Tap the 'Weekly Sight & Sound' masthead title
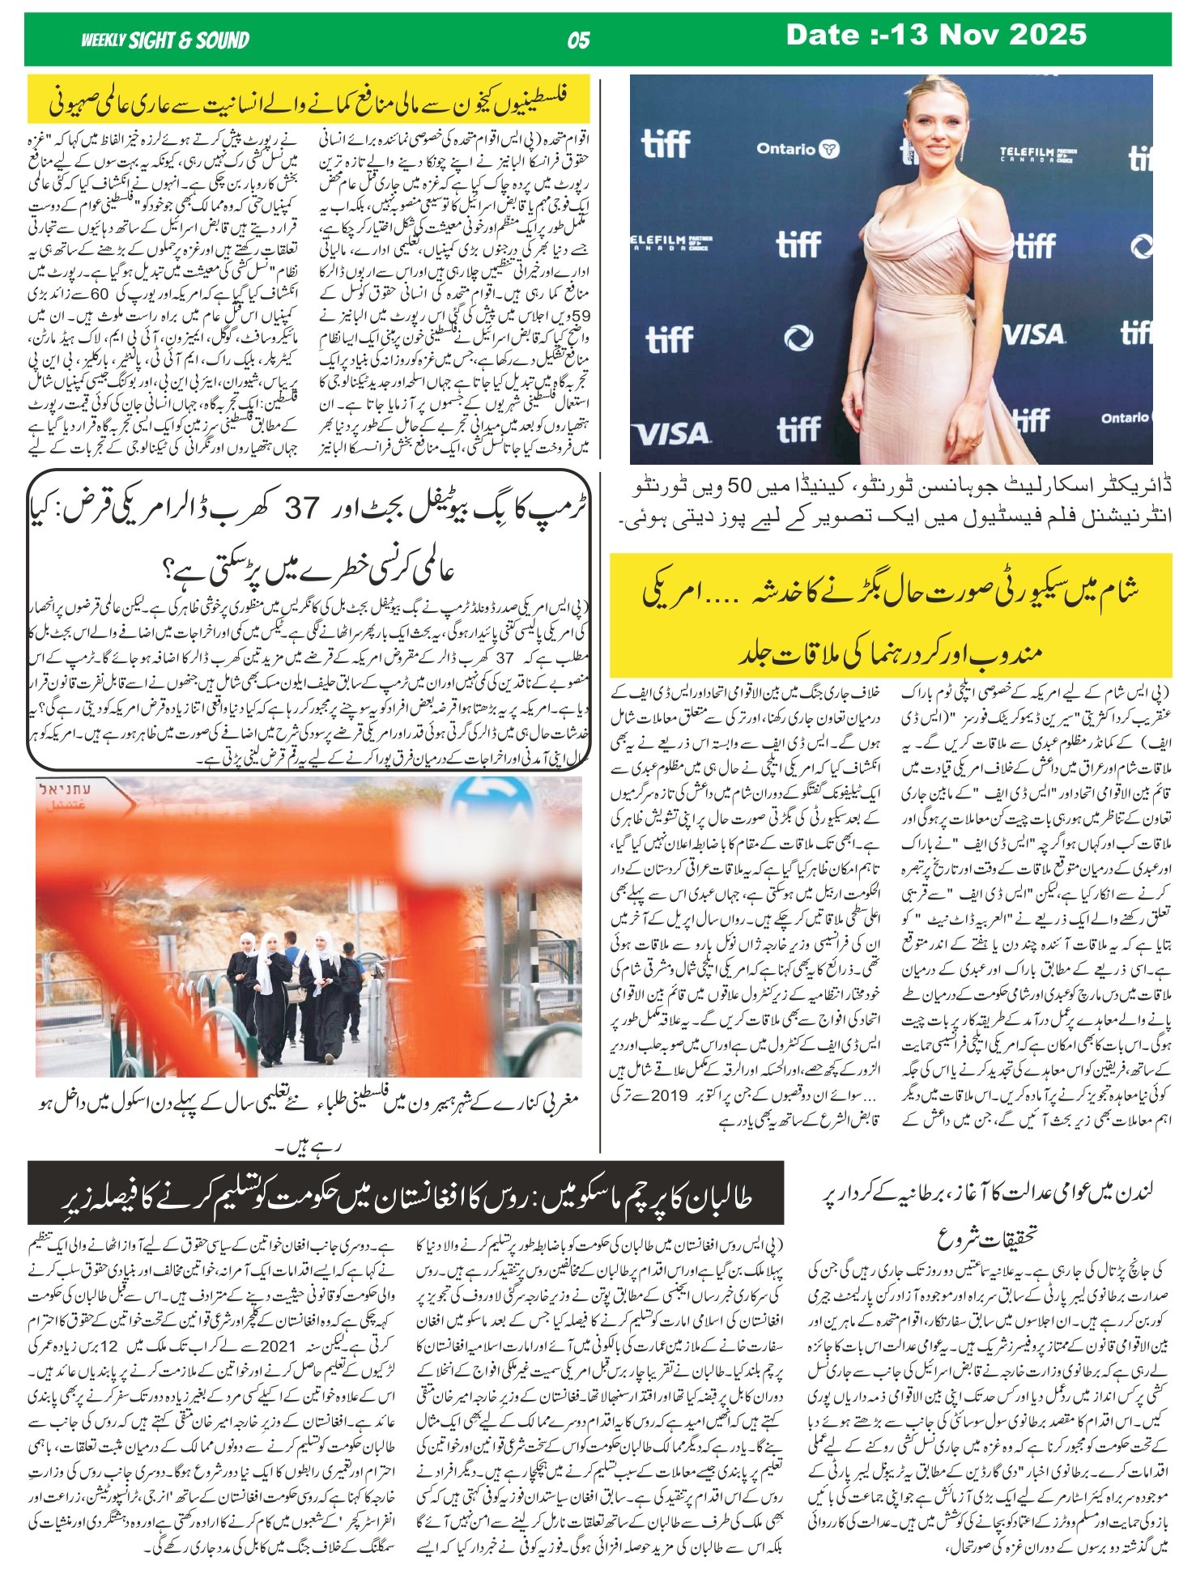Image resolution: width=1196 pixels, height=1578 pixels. click(165, 40)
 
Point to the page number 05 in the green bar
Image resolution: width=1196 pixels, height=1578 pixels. click(578, 40)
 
